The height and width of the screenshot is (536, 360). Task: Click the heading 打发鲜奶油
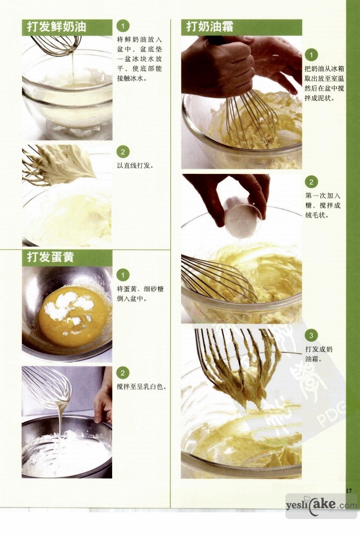pos(57,27)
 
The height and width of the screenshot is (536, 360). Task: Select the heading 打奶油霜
pos(210,27)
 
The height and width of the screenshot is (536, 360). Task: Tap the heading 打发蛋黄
pos(50,257)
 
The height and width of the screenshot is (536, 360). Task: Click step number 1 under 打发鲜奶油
pos(123,26)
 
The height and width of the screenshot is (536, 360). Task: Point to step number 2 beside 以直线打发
pos(123,152)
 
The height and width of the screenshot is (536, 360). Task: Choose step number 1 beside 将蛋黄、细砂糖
pos(123,275)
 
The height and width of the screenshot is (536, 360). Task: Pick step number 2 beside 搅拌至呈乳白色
pos(123,372)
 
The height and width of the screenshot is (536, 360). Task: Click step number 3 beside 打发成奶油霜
pos(311,335)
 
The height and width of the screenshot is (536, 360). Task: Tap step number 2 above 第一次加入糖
pos(311,182)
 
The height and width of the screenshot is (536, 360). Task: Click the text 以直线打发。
pos(135,166)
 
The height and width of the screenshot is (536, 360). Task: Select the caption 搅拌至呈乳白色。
pos(142,387)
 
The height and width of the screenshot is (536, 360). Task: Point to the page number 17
pos(349,491)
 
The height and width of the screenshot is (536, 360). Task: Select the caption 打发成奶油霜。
pos(319,354)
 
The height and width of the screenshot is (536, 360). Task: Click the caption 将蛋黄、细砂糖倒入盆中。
pos(140,294)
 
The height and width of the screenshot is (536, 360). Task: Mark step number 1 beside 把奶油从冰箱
pos(311,55)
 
